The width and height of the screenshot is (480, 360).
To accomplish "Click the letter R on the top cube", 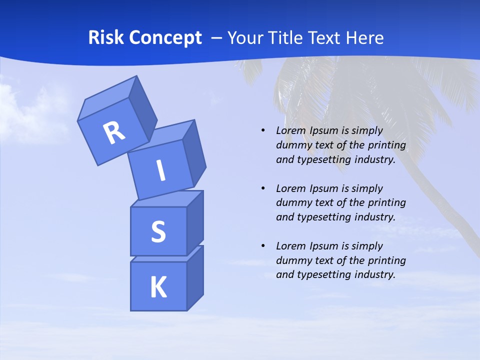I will pyautogui.click(x=114, y=132).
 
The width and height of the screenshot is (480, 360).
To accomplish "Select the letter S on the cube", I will pyautogui.click(x=158, y=232).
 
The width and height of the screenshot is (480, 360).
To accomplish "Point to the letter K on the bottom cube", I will pyautogui.click(x=158, y=288).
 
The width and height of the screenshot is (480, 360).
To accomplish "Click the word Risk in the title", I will pyautogui.click(x=106, y=38).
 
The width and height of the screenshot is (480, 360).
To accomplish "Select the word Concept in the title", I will pyautogui.click(x=165, y=38).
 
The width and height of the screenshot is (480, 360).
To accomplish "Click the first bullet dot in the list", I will pyautogui.click(x=263, y=130).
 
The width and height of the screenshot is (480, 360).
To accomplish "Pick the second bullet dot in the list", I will pyautogui.click(x=263, y=188).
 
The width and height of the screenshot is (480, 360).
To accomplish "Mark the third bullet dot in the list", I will pyautogui.click(x=263, y=246).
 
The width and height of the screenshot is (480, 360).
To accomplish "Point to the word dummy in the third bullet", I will pyautogui.click(x=292, y=260).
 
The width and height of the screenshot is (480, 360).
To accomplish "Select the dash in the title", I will pyautogui.click(x=217, y=38).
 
